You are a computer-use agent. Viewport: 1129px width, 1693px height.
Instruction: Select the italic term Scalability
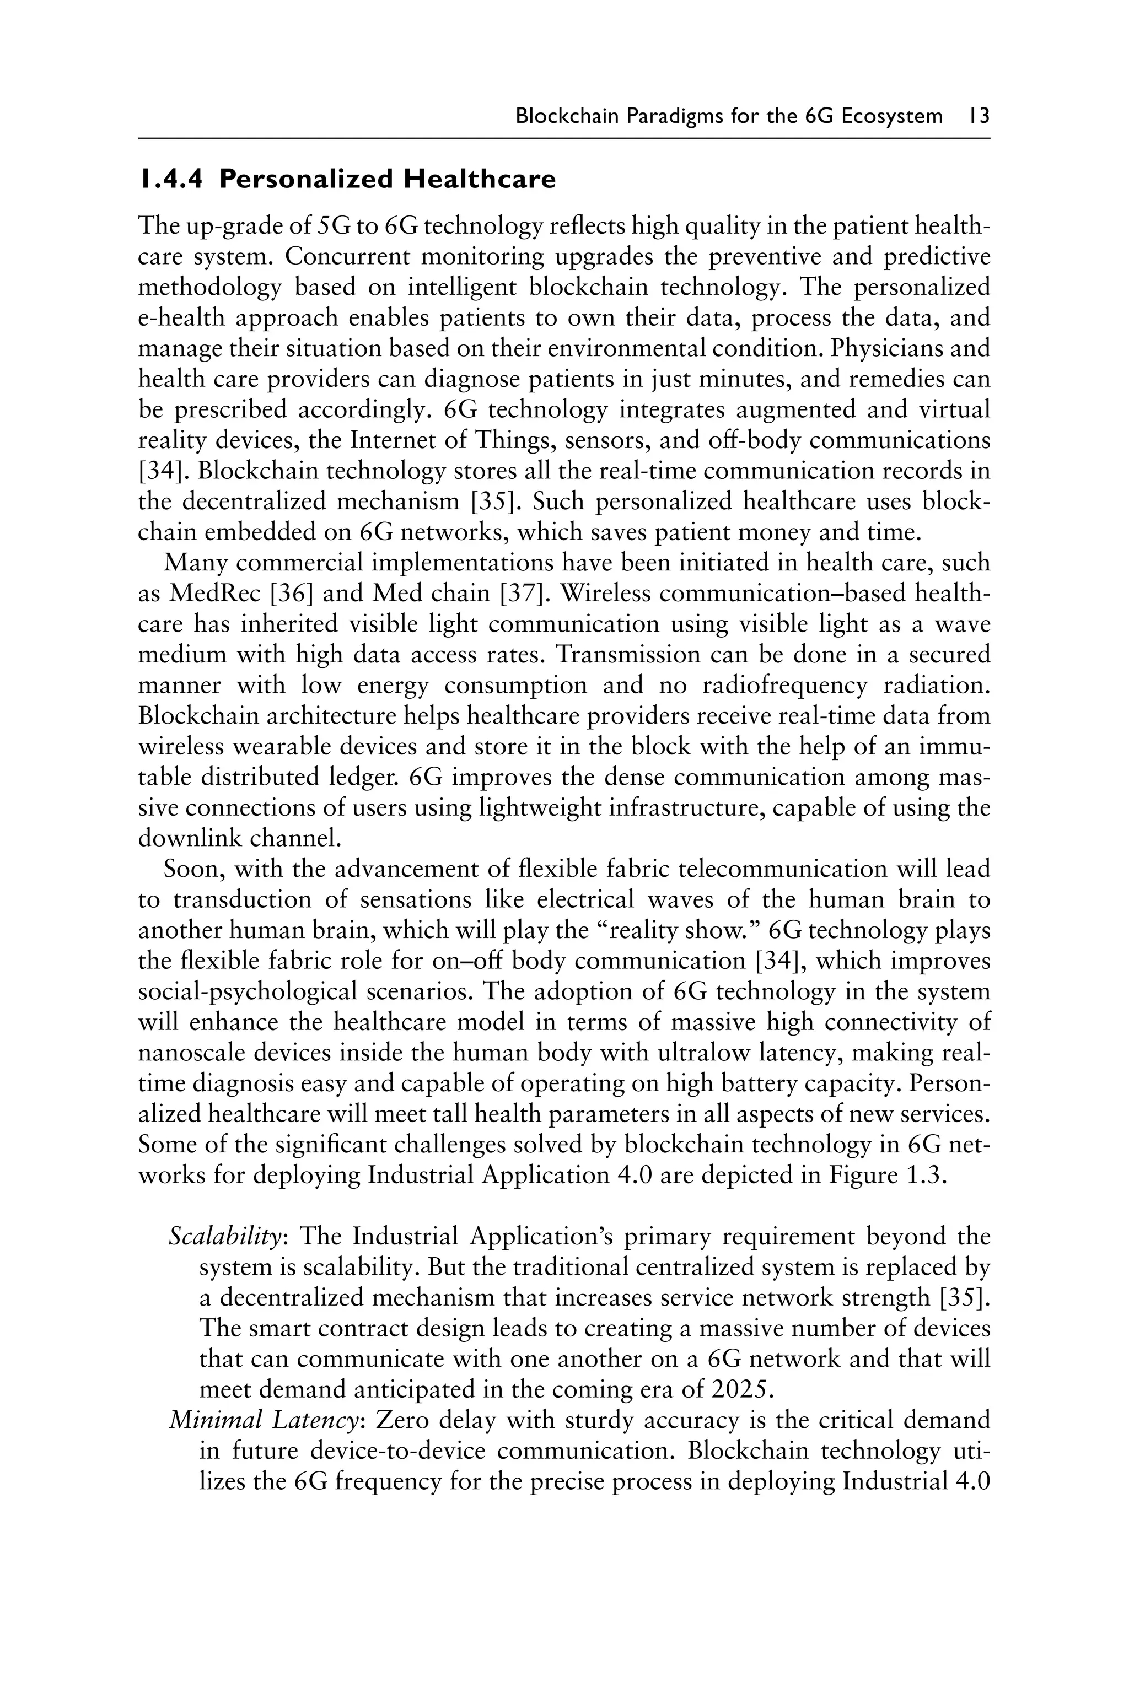tap(224, 1237)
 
